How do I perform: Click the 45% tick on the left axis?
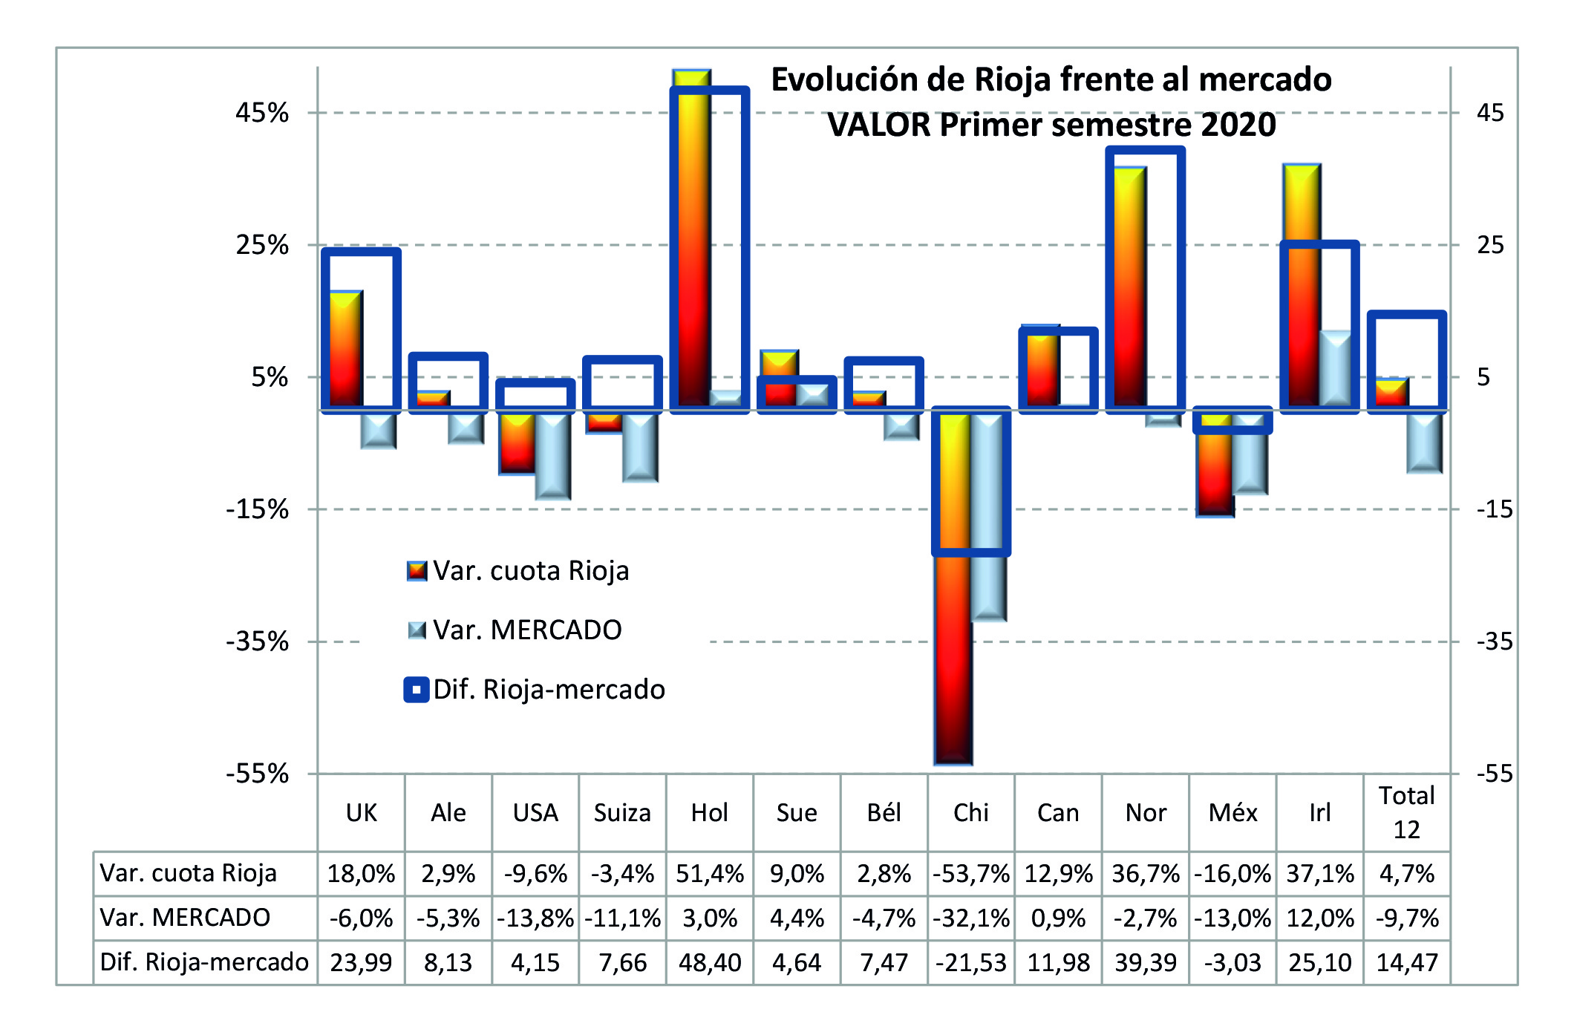coord(261,114)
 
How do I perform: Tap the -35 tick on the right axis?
coord(1494,641)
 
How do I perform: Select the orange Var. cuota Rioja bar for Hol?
coord(691,238)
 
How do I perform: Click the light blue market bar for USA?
coord(553,454)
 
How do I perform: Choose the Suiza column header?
coord(622,813)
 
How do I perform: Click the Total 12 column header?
coord(1406,813)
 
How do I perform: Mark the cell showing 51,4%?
coord(709,874)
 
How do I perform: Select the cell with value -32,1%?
coord(970,918)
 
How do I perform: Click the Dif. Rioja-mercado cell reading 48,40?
coord(709,963)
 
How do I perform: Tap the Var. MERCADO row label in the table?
coord(185,918)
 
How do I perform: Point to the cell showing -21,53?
coord(970,963)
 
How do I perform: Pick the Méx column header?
coord(1232,813)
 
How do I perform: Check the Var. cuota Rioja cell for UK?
coord(361,874)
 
